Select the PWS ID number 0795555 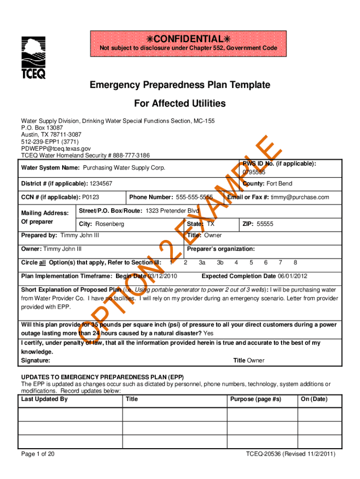[254, 172]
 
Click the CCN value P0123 [90, 197]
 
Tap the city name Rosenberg [110, 224]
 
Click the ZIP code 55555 [265, 224]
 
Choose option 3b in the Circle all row [221, 263]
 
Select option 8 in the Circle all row [295, 263]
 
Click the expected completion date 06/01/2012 [293, 276]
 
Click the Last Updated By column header [44, 399]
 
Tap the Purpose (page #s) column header [256, 399]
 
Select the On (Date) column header [314, 399]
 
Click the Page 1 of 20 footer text [38, 454]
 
